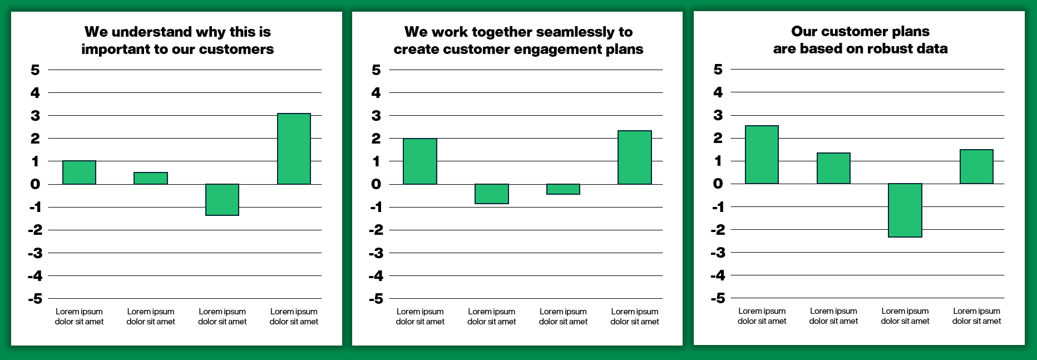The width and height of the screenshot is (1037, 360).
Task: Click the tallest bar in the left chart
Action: [294, 149]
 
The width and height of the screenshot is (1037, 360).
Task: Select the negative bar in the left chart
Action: [222, 199]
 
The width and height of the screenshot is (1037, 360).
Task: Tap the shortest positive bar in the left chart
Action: [151, 178]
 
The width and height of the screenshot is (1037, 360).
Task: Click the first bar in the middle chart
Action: [420, 161]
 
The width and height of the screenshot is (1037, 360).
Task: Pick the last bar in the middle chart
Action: [635, 157]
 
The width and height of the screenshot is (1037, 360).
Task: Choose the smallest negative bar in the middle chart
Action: [563, 189]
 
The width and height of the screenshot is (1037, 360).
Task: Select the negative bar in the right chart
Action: [905, 210]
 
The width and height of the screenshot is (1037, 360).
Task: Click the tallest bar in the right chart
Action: [762, 155]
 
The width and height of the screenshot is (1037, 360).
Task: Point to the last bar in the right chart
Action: [976, 166]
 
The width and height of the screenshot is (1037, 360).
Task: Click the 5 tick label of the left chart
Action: [35, 70]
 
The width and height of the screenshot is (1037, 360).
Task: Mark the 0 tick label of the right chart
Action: [718, 184]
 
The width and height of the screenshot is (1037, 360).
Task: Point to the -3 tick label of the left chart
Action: [35, 253]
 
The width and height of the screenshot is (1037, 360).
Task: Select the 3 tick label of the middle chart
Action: [376, 116]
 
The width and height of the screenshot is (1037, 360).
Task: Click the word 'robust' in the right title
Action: [887, 49]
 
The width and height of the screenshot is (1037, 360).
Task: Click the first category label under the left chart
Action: [79, 317]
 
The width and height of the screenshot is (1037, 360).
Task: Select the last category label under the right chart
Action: [976, 316]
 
